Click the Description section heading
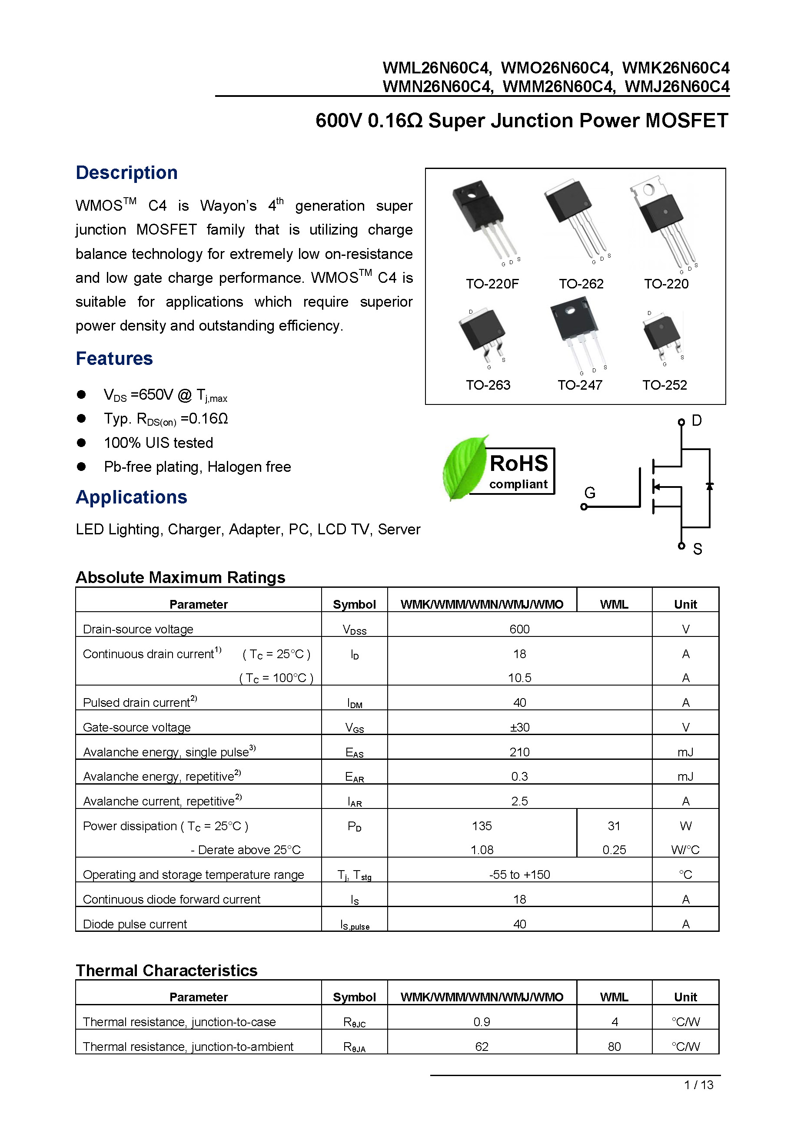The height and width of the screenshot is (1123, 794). pyautogui.click(x=126, y=172)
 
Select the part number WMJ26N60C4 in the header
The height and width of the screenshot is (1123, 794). pyautogui.click(x=677, y=86)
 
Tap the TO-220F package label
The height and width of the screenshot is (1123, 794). pyautogui.click(x=492, y=284)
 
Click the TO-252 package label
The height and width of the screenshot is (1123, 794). pyautogui.click(x=664, y=385)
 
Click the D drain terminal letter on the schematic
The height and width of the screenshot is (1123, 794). pyautogui.click(x=697, y=421)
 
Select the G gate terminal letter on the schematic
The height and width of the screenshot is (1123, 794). pyautogui.click(x=590, y=493)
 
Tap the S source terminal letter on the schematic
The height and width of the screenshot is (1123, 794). pyautogui.click(x=698, y=549)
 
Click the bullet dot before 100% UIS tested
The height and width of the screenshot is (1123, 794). pyautogui.click(x=81, y=443)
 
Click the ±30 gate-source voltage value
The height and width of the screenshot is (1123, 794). pyautogui.click(x=519, y=727)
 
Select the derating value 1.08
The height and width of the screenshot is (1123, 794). pyautogui.click(x=482, y=850)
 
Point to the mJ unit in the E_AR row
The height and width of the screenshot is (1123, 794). pyautogui.click(x=685, y=776)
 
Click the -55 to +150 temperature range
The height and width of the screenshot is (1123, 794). pyautogui.click(x=519, y=875)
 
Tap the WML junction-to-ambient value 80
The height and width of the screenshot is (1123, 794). pyautogui.click(x=614, y=1046)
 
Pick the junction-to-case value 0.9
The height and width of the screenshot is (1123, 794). pyautogui.click(x=482, y=1022)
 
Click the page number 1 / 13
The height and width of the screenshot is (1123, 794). pyautogui.click(x=698, y=1085)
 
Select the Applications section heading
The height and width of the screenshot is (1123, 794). pyautogui.click(x=131, y=497)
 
